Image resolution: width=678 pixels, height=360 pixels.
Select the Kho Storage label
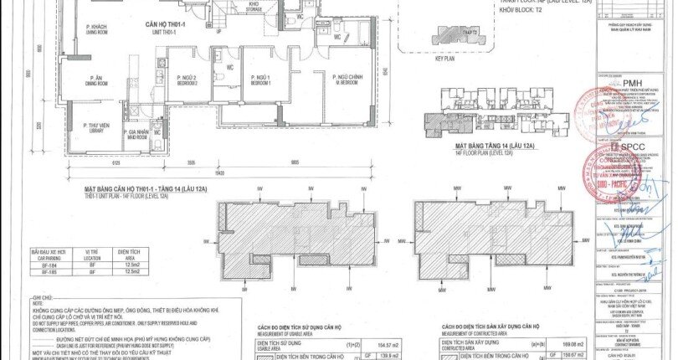click(x=254, y=7)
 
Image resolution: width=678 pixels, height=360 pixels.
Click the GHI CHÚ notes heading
click(x=42, y=298)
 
